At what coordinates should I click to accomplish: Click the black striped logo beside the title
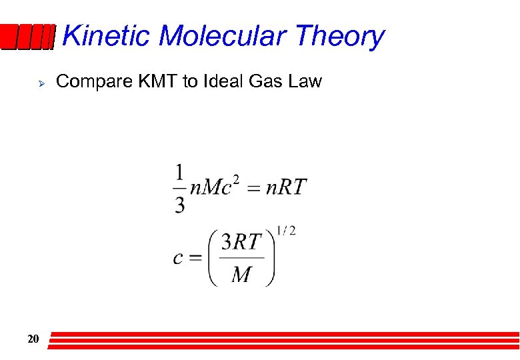pos(27,37)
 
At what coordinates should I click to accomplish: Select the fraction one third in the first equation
pos(179,189)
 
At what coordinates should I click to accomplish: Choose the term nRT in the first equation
pos(286,187)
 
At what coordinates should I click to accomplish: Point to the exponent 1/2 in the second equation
pos(287,231)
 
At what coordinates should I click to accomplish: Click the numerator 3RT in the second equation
pos(241,243)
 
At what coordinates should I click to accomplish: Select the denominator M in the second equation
pos(241,274)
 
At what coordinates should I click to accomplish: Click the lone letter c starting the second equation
pos(178,258)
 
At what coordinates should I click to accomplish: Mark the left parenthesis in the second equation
pos(213,258)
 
